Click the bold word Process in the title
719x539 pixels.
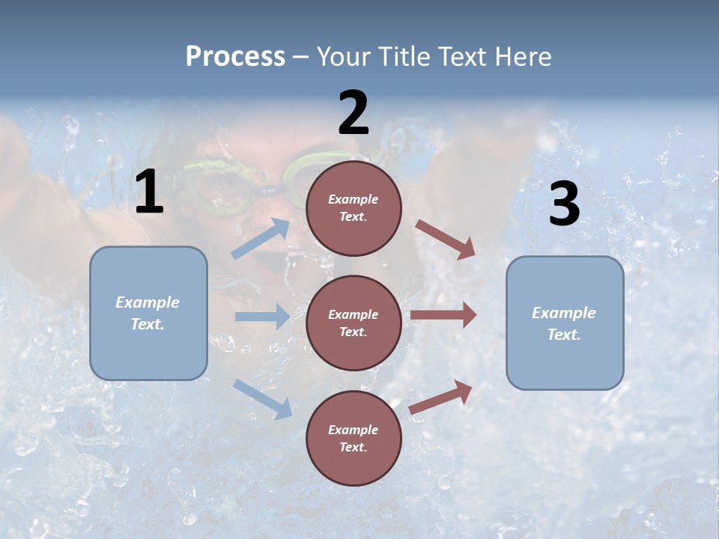(235, 57)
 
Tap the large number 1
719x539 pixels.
(149, 192)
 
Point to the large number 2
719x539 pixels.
(354, 114)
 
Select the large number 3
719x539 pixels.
(564, 204)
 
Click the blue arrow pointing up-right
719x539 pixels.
(261, 239)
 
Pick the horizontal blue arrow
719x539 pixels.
(262, 317)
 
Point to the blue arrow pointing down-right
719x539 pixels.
(262, 398)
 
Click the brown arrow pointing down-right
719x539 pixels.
(446, 240)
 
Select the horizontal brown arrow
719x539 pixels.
(443, 315)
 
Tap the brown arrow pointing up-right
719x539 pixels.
(441, 396)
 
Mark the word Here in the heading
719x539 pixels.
(525, 57)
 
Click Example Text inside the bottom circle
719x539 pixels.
(354, 439)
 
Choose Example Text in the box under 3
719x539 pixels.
(564, 323)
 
